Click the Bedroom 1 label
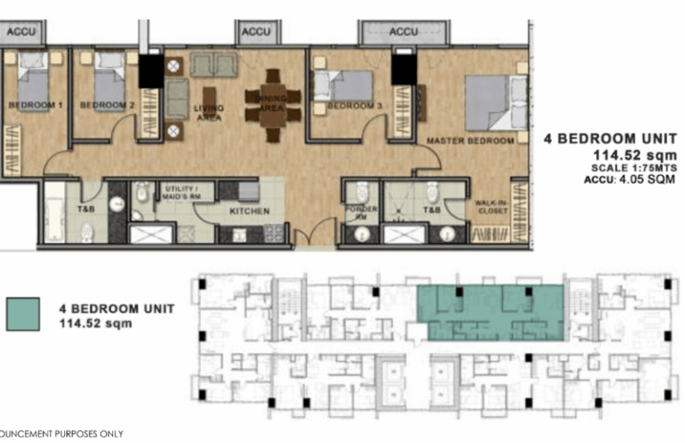35,106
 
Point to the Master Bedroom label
470,141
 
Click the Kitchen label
250,212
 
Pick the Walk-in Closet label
491,206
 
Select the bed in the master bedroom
495,102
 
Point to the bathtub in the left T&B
55,212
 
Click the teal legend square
23,314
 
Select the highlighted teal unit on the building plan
491,313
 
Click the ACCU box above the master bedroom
403,32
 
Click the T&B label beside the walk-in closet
432,211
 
